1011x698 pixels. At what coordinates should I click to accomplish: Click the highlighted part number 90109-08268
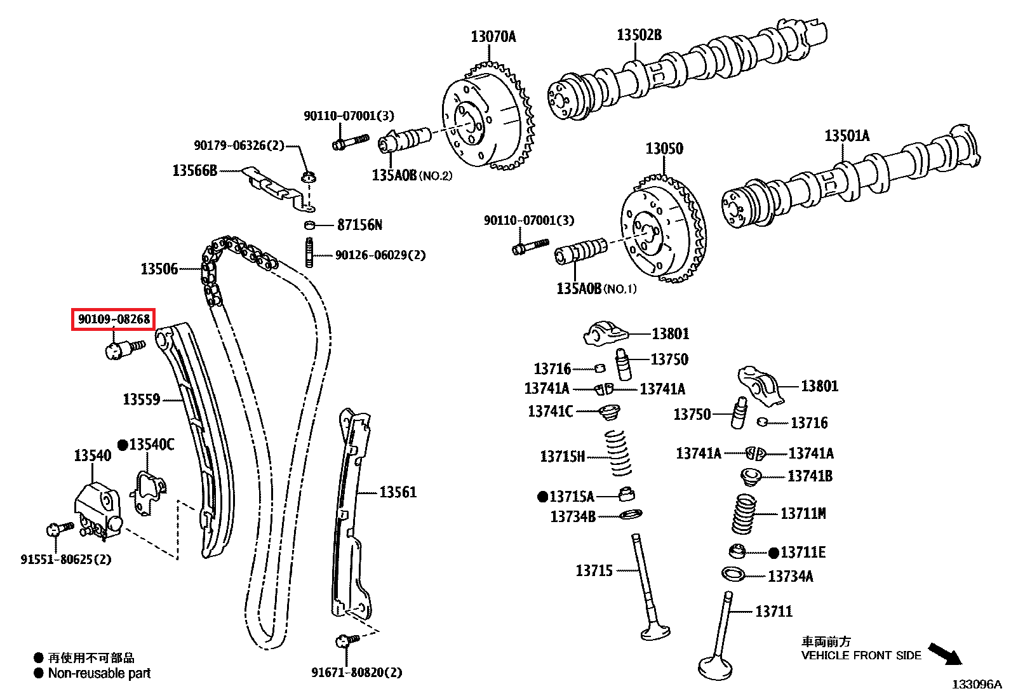click(114, 319)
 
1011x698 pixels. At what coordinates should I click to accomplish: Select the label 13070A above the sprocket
click(493, 37)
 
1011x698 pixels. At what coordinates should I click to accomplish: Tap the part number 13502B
click(639, 35)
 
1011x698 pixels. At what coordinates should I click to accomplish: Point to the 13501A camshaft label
click(847, 136)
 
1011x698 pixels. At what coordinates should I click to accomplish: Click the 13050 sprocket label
click(664, 149)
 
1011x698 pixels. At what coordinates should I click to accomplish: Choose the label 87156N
click(359, 225)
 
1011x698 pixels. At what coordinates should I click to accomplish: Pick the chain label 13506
click(159, 269)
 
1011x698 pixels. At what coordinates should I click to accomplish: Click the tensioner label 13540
click(92, 455)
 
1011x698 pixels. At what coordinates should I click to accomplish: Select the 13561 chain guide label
click(398, 492)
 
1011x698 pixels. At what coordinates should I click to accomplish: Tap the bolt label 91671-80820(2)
click(356, 672)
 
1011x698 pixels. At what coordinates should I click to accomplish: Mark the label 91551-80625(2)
click(65, 560)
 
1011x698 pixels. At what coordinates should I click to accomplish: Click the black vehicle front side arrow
click(945, 654)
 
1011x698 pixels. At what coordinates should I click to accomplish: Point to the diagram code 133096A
click(976, 685)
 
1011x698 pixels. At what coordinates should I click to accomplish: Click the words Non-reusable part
click(99, 673)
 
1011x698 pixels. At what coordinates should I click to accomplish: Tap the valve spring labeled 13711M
click(744, 513)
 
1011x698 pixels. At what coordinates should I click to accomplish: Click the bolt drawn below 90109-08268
click(123, 349)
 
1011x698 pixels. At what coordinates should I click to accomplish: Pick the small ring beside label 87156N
click(310, 225)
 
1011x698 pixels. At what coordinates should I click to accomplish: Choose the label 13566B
click(194, 170)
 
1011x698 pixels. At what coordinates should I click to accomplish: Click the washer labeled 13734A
click(733, 574)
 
